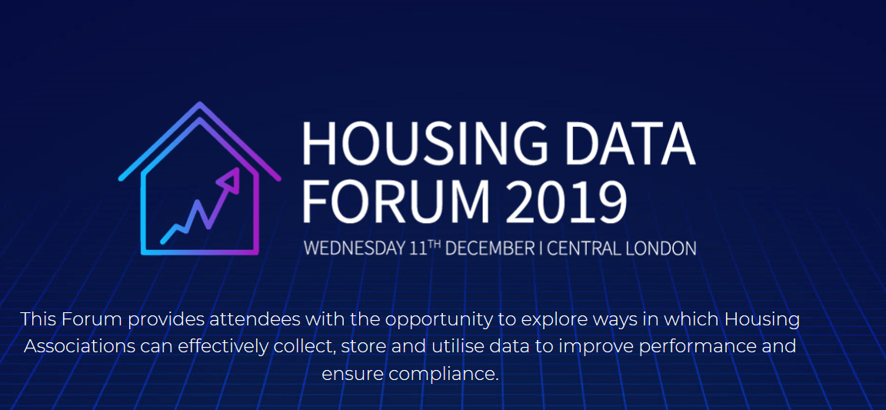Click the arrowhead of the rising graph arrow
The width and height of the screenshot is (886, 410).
coord(229,180)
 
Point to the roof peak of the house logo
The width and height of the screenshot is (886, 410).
coord(200,105)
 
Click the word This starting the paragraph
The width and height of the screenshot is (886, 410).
coord(38,318)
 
